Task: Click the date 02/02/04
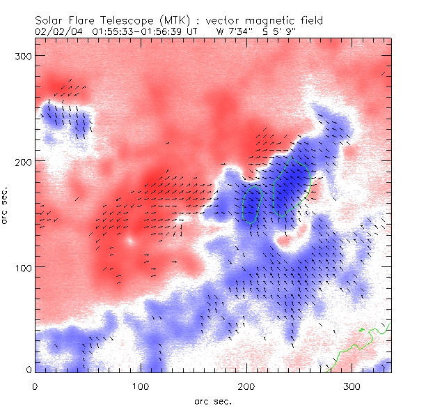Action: tap(59, 31)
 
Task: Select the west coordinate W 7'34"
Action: tap(236, 31)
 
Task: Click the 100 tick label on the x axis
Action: tap(141, 386)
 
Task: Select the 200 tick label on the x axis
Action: tap(247, 386)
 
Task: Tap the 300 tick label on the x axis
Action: tap(353, 386)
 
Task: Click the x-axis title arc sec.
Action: tap(212, 400)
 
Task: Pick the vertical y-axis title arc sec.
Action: tap(7, 205)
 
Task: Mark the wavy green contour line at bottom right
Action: tap(355, 346)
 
